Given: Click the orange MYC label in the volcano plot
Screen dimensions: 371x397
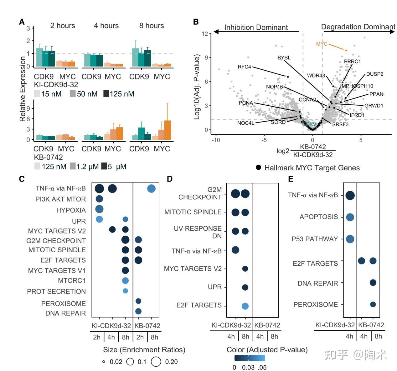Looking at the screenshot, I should click(x=322, y=44).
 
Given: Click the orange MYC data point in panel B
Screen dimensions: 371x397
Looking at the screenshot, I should click(x=346, y=50).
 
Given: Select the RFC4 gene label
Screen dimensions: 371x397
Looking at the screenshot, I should click(x=244, y=67).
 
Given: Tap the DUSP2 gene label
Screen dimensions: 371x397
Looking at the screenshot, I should click(x=374, y=74).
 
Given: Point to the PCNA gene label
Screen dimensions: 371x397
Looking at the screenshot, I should click(x=246, y=103).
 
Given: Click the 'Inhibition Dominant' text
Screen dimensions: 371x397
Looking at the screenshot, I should click(x=256, y=28).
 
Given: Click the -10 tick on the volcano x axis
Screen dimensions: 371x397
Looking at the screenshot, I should click(x=215, y=140).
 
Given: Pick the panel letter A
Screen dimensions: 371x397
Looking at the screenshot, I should click(x=22, y=22).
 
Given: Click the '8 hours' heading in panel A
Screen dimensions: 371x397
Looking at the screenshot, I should click(x=152, y=26).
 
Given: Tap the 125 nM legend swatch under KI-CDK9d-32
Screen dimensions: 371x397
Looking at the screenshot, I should click(x=106, y=93).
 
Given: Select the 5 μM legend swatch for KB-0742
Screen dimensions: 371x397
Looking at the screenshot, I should click(x=104, y=166).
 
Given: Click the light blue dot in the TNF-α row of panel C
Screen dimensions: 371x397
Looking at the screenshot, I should click(x=151, y=188).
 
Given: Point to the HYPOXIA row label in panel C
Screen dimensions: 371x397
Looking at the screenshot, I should click(x=71, y=210).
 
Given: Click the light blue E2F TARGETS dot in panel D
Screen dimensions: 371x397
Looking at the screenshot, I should click(x=245, y=306).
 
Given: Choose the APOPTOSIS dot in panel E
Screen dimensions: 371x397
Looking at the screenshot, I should click(x=350, y=217).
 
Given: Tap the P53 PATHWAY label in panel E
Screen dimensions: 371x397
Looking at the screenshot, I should click(x=315, y=239).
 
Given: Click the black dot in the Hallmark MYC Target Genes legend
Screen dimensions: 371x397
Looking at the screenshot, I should click(x=258, y=168).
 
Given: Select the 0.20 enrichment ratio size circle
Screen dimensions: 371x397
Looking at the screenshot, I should click(x=156, y=362).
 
